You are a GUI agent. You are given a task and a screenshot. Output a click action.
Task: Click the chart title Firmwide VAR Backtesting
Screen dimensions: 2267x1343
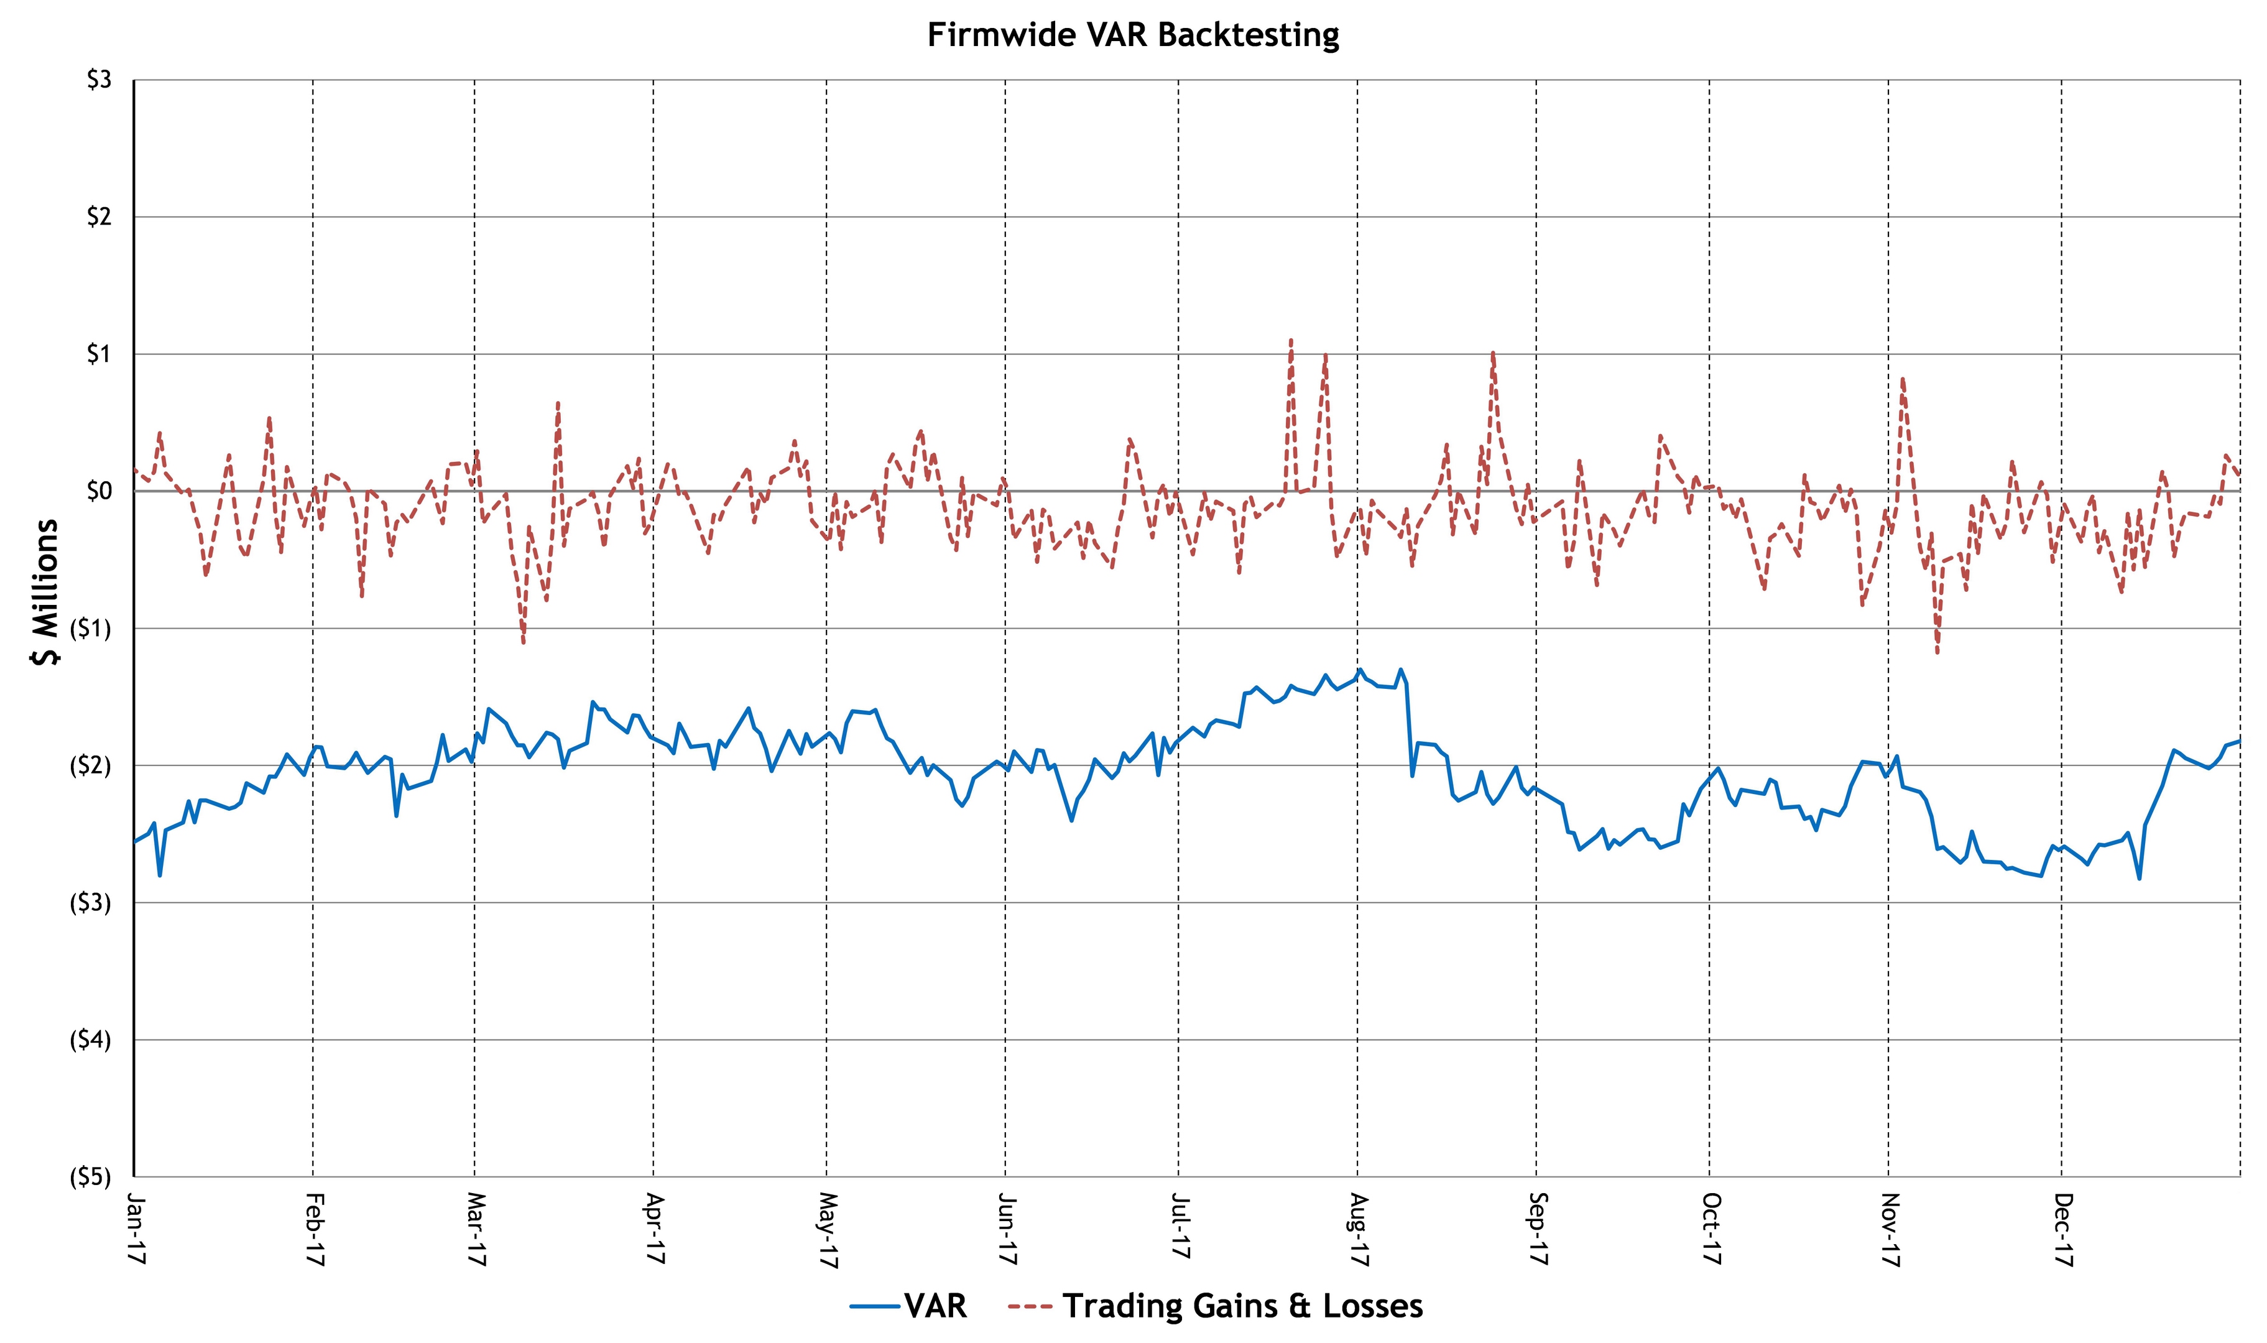point(1133,35)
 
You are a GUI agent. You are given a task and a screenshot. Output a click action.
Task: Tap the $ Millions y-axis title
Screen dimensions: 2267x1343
point(44,593)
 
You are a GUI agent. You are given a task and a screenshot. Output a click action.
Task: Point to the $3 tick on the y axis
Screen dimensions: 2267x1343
point(99,80)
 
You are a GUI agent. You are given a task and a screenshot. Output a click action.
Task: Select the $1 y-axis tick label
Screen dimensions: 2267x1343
point(99,354)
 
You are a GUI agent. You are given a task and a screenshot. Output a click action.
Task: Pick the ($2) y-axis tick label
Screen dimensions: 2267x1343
point(91,765)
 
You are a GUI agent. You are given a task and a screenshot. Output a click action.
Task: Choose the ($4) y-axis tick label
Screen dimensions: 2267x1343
point(91,1040)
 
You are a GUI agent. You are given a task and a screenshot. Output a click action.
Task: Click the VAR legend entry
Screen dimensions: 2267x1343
point(908,1306)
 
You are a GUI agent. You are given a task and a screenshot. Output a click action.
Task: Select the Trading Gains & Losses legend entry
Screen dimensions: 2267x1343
point(1216,1306)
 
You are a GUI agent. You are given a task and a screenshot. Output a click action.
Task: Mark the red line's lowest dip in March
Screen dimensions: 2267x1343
point(523,642)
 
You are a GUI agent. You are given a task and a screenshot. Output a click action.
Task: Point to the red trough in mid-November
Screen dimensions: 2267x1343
point(1937,652)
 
